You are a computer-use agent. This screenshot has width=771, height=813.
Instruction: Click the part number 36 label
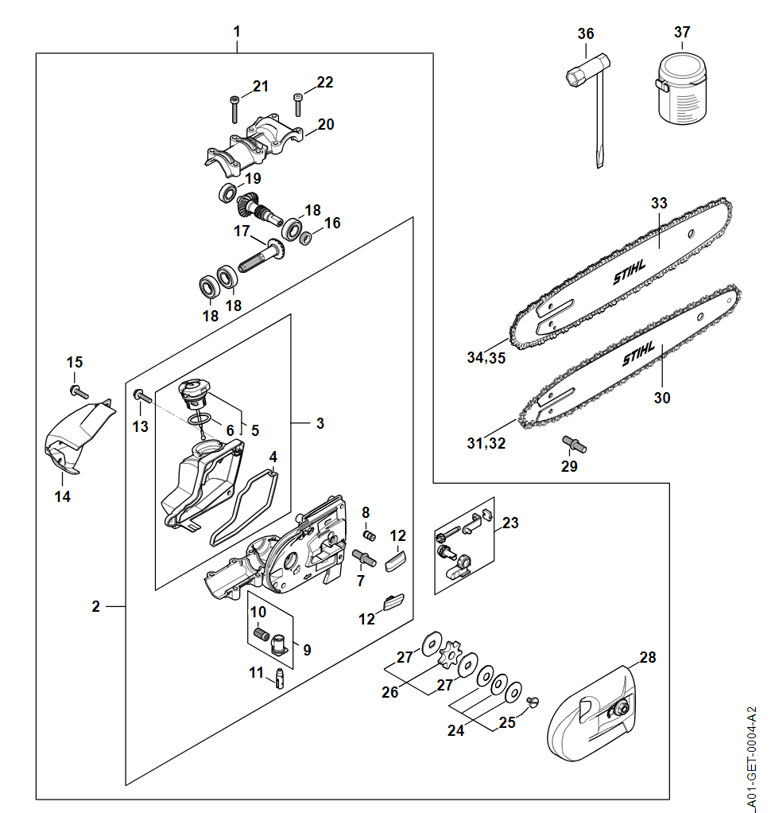(x=586, y=33)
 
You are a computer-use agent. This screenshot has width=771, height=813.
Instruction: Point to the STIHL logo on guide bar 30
(x=638, y=354)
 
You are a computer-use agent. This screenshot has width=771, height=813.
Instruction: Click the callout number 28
(x=648, y=657)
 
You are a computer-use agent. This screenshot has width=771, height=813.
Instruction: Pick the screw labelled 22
(x=298, y=104)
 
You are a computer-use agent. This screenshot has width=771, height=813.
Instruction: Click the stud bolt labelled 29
(x=574, y=443)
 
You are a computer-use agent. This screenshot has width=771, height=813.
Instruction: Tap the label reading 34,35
(x=486, y=358)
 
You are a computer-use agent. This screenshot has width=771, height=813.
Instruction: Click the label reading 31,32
(x=486, y=443)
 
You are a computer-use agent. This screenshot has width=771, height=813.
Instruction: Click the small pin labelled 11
(x=278, y=679)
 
